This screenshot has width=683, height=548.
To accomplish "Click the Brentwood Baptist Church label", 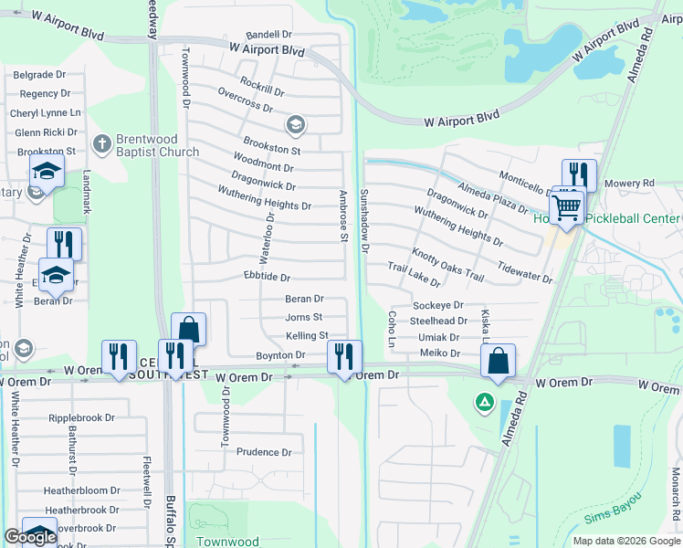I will point(157,146).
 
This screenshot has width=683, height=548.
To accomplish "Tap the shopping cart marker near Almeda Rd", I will point(567,207).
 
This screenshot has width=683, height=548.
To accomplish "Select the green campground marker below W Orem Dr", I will point(484,401).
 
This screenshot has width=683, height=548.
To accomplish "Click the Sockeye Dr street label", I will point(438,305).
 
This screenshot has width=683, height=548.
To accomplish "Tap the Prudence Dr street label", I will point(263,452).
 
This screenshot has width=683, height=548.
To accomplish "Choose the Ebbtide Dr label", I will point(267,277).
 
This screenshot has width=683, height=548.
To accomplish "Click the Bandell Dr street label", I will point(268,35).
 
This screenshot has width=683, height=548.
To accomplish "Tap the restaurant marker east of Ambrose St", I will point(344,355).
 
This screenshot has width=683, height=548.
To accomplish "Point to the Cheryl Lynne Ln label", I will point(46,113).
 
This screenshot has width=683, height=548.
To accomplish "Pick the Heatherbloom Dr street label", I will point(82,490).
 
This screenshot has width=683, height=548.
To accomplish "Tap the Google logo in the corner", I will point(30,537).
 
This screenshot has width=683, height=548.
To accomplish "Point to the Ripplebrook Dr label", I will point(81,418).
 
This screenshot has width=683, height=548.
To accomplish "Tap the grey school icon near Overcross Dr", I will point(295,123).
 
